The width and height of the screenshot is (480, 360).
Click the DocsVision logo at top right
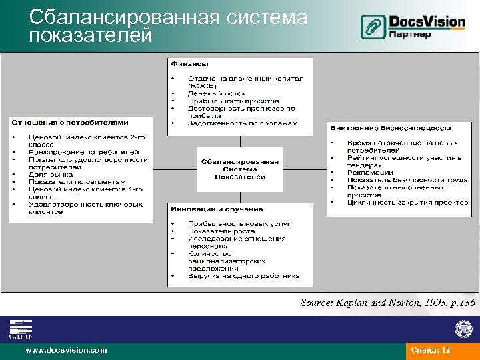pyautogui.click(x=413, y=27)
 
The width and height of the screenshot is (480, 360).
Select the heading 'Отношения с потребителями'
pyautogui.click(x=69, y=122)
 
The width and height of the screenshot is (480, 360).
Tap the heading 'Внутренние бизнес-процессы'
pyautogui.click(x=391, y=127)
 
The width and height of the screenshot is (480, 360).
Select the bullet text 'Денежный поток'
pyautogui.click(x=217, y=93)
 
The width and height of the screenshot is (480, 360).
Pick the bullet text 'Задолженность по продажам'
pyautogui.click(x=243, y=123)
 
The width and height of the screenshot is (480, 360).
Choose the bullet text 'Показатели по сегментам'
pyautogui.click(x=77, y=181)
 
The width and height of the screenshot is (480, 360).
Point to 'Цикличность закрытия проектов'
pyautogui.click(x=407, y=202)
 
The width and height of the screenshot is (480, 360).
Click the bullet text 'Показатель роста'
pyautogui.click(x=221, y=231)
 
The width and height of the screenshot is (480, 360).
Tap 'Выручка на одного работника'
pyautogui.click(x=243, y=275)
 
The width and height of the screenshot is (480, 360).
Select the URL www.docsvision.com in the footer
pyautogui.click(x=65, y=350)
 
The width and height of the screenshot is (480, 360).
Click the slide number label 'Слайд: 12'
pyautogui.click(x=431, y=350)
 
